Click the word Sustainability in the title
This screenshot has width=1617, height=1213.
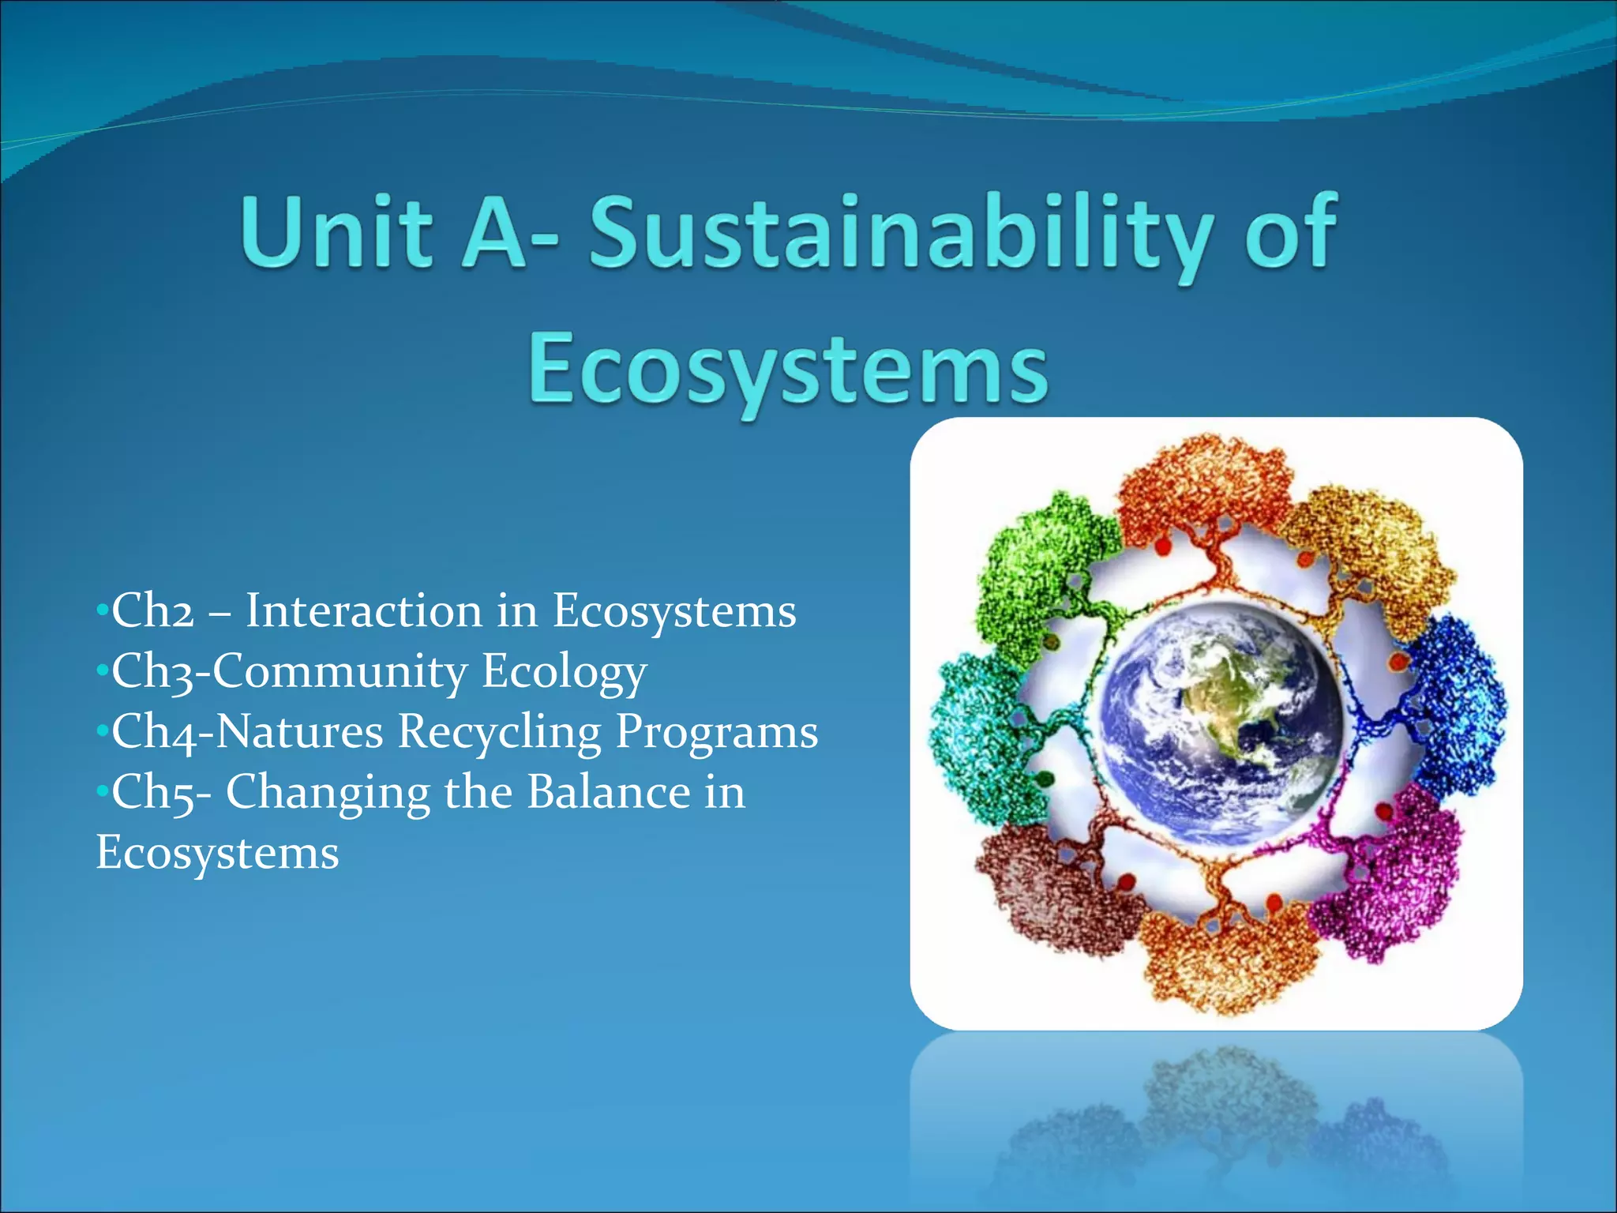pyautogui.click(x=900, y=232)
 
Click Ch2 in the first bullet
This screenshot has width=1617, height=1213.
pyautogui.click(x=152, y=611)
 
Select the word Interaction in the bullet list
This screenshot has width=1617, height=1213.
pyautogui.click(x=363, y=611)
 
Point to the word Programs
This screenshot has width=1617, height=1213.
pyautogui.click(x=717, y=732)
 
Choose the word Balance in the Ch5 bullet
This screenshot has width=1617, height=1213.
pyautogui.click(x=609, y=792)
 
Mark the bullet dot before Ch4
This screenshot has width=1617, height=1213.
pyautogui.click(x=101, y=731)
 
